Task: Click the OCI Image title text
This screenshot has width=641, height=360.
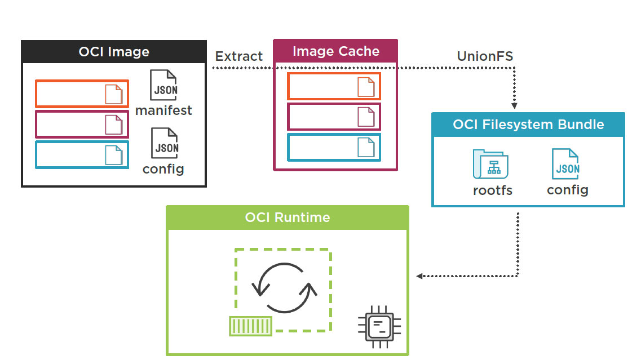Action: [x=114, y=52]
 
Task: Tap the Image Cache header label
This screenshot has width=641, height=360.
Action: [x=335, y=51]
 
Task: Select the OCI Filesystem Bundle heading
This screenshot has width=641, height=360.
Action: [x=528, y=125]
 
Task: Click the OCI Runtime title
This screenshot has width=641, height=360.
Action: [x=288, y=217]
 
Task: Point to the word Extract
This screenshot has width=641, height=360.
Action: [x=239, y=56]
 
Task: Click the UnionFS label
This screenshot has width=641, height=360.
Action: [x=485, y=56]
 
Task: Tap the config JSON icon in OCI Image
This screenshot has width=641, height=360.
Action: [x=163, y=143]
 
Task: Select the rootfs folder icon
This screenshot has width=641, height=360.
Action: [x=490, y=164]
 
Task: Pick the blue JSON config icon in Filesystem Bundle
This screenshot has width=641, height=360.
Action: [x=565, y=164]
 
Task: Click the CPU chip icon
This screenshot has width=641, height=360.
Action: [x=379, y=325]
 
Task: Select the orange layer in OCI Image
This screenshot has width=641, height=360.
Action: [x=82, y=94]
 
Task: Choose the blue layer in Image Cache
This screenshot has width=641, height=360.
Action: [x=334, y=147]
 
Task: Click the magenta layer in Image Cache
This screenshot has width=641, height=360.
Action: [x=334, y=117]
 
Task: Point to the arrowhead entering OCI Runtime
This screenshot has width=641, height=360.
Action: [x=419, y=276]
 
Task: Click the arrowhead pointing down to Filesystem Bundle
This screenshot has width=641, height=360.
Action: [x=514, y=105]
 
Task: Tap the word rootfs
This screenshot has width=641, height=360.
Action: [x=492, y=190]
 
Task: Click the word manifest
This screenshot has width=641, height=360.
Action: [x=163, y=110]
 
